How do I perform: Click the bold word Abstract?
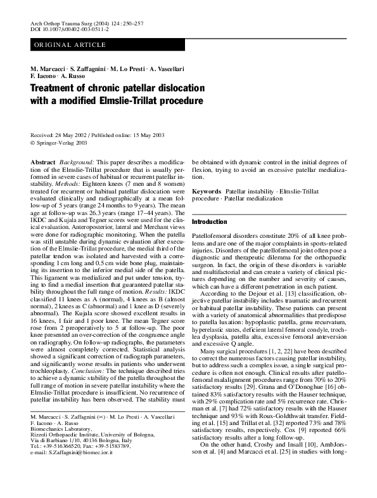(x=42, y=164)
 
